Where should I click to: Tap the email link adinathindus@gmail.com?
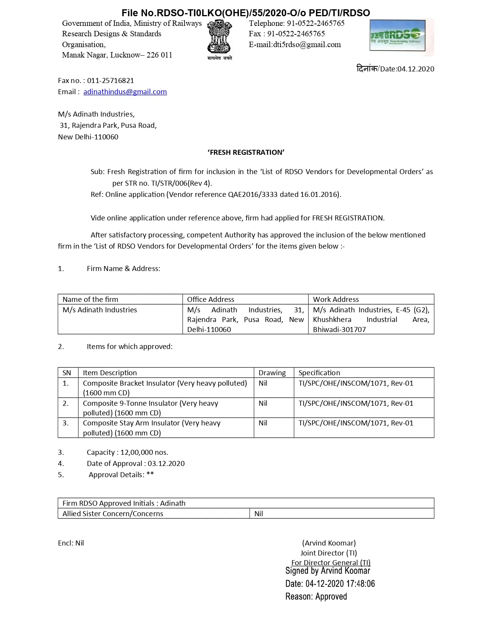click(x=125, y=92)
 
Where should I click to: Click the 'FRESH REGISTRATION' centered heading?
click(x=246, y=152)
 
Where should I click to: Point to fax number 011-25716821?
click(x=110, y=81)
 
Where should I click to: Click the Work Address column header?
click(x=336, y=299)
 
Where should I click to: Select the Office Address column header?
click(x=211, y=299)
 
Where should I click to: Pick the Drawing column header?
click(x=272, y=373)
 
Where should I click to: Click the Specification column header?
click(x=319, y=373)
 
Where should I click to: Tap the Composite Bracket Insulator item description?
click(x=165, y=388)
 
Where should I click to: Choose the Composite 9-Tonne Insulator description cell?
click(x=150, y=408)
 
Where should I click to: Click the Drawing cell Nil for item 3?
click(x=263, y=423)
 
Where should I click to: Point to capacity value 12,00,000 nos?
click(x=144, y=452)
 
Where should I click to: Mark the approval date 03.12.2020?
click(x=166, y=464)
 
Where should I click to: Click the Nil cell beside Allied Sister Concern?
click(x=259, y=514)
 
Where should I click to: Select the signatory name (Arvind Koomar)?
click(x=329, y=543)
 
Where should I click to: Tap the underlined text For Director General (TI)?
click(x=331, y=563)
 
